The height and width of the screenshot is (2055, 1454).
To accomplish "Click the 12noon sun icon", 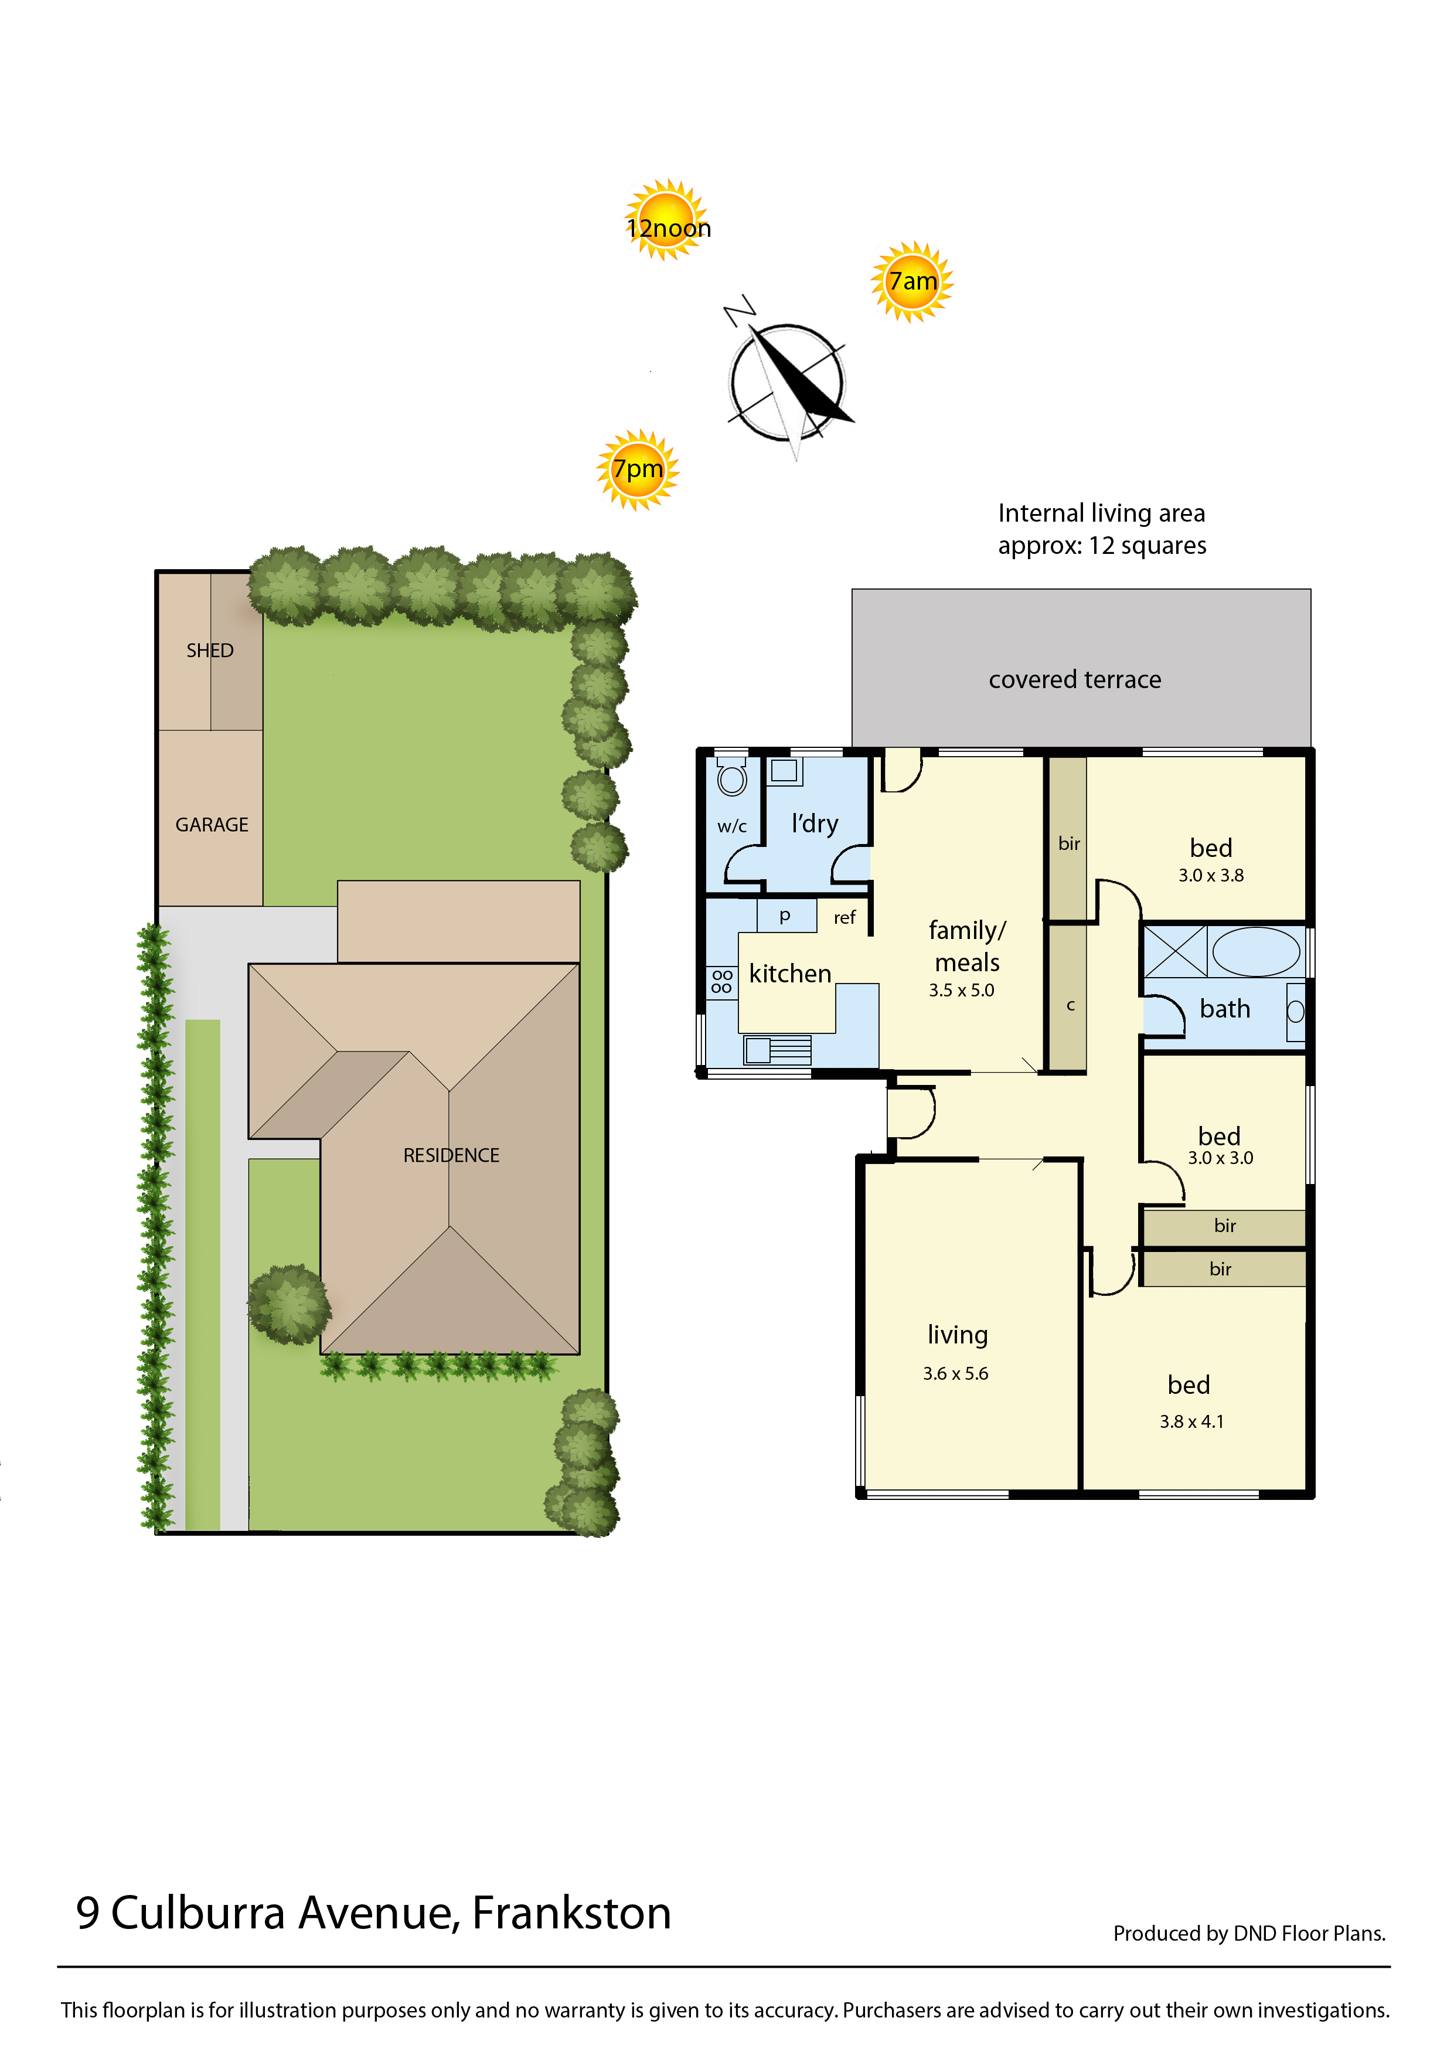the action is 666,219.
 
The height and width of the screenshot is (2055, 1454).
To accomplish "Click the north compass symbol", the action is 787,380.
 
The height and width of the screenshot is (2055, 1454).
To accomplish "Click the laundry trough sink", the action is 785,771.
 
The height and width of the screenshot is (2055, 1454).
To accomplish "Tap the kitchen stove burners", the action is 721,981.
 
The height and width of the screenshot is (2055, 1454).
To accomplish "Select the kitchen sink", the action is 777,1049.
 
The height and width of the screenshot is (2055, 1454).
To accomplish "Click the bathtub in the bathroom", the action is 1255,951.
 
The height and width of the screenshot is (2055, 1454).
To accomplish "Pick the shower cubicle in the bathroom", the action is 1176,951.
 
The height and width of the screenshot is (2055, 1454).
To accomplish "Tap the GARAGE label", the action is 212,825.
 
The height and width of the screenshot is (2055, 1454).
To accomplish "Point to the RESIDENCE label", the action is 451,1155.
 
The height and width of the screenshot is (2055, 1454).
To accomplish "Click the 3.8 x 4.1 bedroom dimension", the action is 1191,1422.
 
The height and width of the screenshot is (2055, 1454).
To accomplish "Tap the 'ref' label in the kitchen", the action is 845,918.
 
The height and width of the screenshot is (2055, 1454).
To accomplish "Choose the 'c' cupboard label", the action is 1070,1006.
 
